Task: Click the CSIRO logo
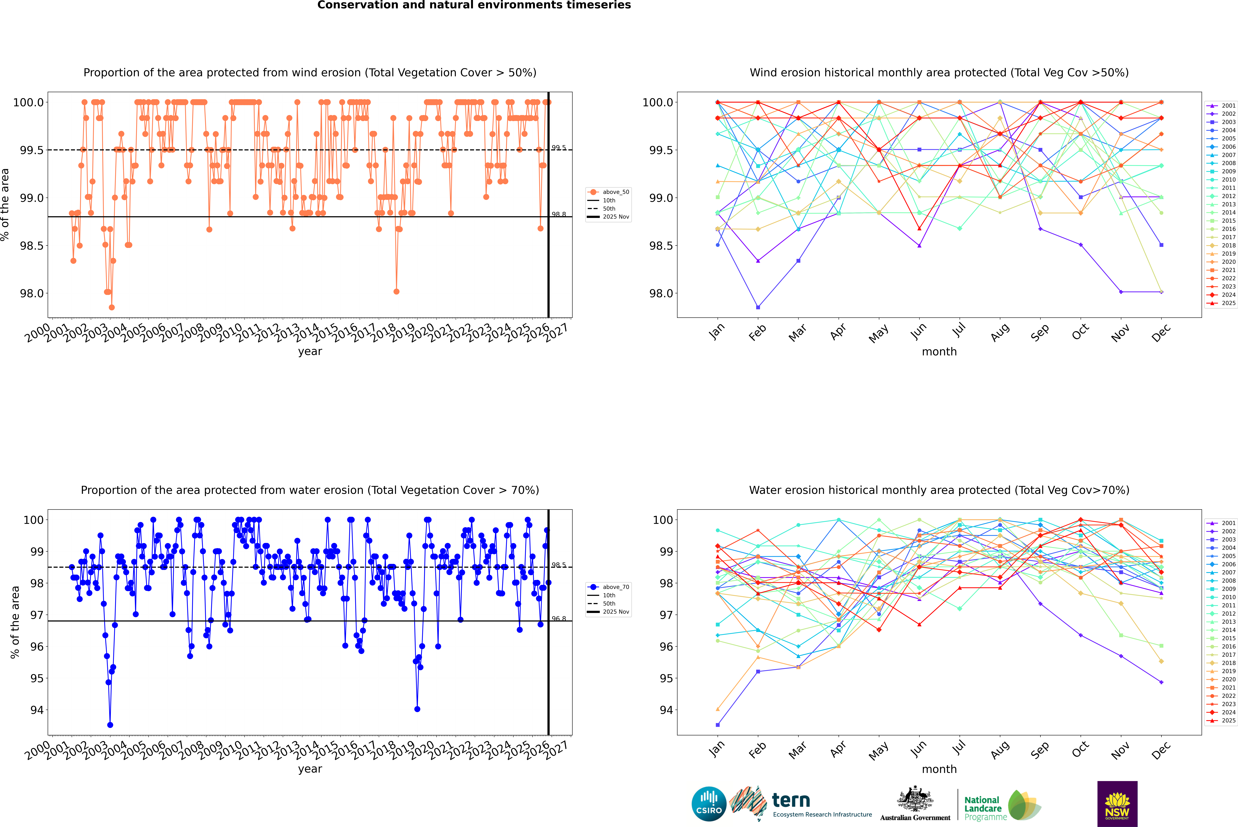[x=709, y=804]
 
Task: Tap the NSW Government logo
[x=1117, y=804]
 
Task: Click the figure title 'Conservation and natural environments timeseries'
[x=474, y=5]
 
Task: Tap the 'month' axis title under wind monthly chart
[x=939, y=352]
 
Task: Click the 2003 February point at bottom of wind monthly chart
[x=758, y=307]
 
